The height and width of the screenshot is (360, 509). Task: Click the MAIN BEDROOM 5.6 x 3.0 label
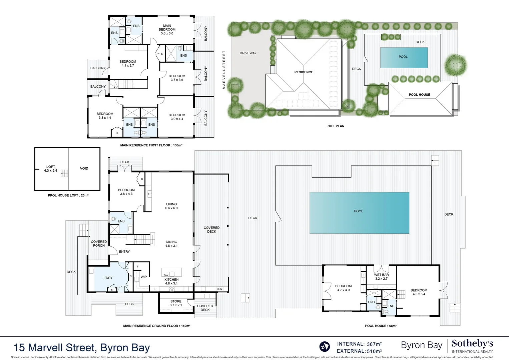tap(167, 29)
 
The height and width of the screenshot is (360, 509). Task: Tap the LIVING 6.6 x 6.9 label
tap(171, 206)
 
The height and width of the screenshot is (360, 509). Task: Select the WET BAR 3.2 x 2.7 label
tap(381, 277)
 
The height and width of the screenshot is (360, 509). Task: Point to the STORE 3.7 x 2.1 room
tap(176, 303)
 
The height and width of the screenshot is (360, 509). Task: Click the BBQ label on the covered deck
tap(219, 289)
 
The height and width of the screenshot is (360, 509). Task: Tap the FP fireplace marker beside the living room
tap(149, 194)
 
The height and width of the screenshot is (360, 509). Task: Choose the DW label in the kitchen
tap(166, 275)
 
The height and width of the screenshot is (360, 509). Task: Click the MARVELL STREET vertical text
tap(224, 70)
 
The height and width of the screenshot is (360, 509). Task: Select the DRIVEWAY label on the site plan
tap(248, 53)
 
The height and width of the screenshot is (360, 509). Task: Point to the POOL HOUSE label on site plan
tap(419, 95)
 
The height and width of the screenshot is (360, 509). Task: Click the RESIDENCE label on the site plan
tap(304, 72)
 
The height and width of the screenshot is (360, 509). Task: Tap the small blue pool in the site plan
tap(404, 58)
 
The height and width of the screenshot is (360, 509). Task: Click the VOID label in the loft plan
tap(84, 168)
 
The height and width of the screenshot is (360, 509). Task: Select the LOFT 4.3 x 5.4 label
tap(51, 169)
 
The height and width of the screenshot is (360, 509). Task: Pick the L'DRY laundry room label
tap(108, 278)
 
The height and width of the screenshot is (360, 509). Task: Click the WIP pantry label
tap(144, 277)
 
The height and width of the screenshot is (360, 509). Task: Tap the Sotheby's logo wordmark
tap(472, 343)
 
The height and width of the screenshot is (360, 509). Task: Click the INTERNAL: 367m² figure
tap(359, 344)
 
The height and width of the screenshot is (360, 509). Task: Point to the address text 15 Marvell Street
tap(82, 348)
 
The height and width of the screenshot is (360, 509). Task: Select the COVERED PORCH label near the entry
tap(99, 244)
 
